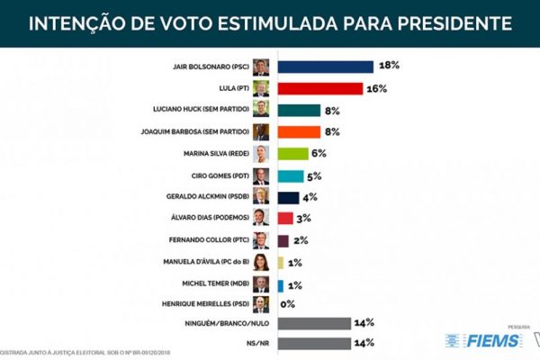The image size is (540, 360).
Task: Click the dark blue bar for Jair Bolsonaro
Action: click(x=325, y=67)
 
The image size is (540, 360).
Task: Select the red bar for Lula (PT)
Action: click(x=319, y=88)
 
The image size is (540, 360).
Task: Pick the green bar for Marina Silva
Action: click(x=293, y=154)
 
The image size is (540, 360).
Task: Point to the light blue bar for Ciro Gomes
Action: click(x=291, y=175)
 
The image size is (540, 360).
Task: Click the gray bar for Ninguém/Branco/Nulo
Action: click(x=314, y=322)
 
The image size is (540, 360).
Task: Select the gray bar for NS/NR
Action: click(x=314, y=343)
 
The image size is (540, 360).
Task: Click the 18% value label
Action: click(x=389, y=67)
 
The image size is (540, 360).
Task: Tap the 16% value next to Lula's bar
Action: click(x=378, y=88)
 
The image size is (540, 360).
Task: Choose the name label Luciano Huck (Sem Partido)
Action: click(x=204, y=111)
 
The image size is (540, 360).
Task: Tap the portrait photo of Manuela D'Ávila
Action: click(x=261, y=263)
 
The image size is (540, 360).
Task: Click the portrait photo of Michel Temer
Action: click(x=261, y=284)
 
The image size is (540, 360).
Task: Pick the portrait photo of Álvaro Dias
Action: click(x=261, y=219)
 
